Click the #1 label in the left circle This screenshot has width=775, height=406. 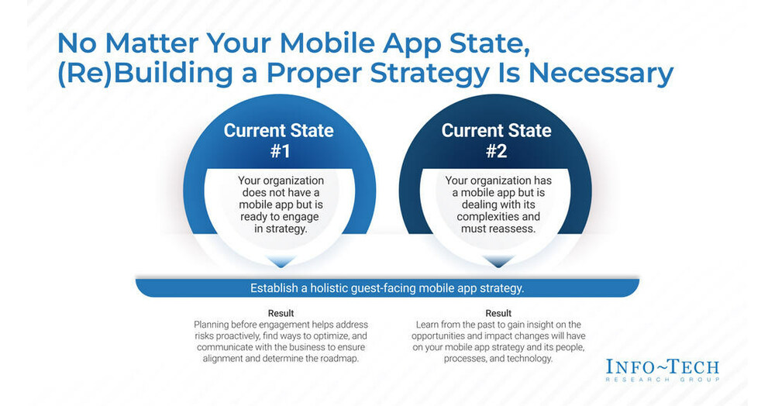click(279, 151)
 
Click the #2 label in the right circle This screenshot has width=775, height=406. click(496, 151)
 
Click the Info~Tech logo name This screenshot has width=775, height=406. click(662, 366)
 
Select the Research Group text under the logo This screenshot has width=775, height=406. click(662, 380)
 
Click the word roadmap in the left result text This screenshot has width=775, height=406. click(339, 360)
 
